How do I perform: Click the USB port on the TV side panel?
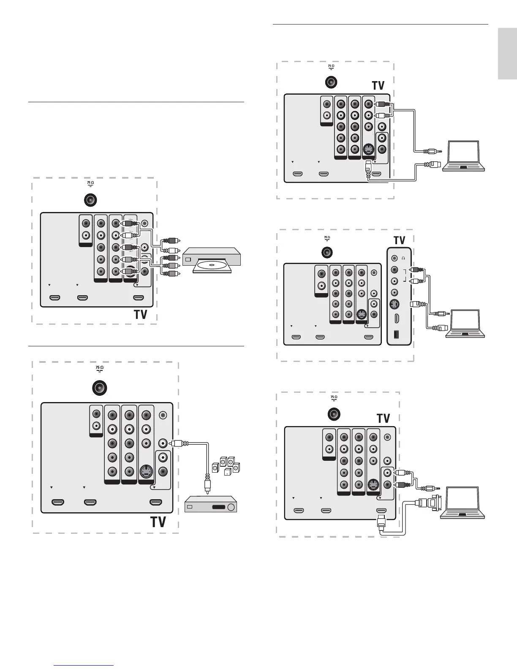pos(395,334)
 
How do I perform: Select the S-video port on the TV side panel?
pos(394,304)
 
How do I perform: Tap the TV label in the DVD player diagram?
pos(141,315)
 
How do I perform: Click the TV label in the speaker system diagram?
pos(158,522)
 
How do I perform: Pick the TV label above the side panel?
pos(399,240)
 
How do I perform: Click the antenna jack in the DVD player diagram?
pos(90,200)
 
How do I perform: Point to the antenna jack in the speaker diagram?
pos(99,388)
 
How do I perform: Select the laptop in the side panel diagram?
pos(465,324)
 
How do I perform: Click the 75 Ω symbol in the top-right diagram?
pos(331,67)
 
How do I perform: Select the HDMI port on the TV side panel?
pos(395,318)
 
